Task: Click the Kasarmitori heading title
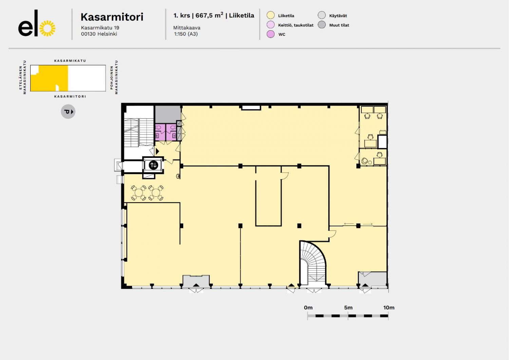click(x=112, y=17)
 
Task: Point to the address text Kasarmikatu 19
click(x=100, y=28)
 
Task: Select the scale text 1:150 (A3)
click(x=186, y=34)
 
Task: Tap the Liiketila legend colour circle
click(x=270, y=16)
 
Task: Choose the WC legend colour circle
click(x=270, y=34)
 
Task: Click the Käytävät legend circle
click(x=322, y=15)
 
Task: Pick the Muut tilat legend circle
click(x=322, y=24)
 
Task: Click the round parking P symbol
click(x=68, y=112)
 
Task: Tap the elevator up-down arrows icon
click(x=153, y=165)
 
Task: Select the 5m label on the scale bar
click(x=348, y=308)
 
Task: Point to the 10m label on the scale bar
click(x=389, y=308)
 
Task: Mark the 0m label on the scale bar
click(x=308, y=308)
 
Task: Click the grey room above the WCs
click(x=168, y=114)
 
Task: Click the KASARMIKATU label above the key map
click(x=70, y=61)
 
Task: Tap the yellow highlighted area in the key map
click(x=50, y=78)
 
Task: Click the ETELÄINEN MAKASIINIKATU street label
click(x=22, y=77)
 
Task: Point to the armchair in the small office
click(x=365, y=161)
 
